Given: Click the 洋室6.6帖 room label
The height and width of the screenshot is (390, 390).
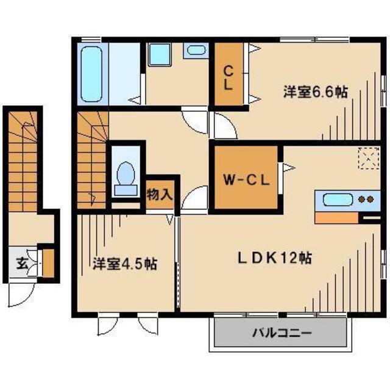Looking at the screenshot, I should coord(315,92).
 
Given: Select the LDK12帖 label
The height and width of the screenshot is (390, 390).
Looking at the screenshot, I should coord(274,258).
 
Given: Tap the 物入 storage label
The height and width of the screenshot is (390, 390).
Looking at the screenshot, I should coord(160,195).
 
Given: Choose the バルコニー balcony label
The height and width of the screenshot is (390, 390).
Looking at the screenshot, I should coord(282,333).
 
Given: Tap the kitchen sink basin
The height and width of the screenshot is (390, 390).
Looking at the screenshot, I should coord(335,200).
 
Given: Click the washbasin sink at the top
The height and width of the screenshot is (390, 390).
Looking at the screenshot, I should coord(196,51).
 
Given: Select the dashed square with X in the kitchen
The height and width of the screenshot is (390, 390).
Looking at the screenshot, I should coord(367,159).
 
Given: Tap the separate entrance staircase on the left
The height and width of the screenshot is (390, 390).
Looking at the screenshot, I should coord(24,162).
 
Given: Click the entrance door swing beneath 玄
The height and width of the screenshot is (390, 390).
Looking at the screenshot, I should coord(18,296).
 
